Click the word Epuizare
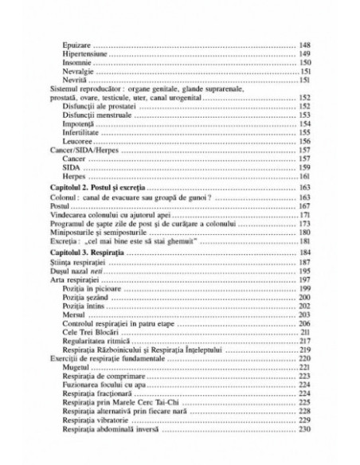coord(78,45)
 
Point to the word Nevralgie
coord(79,72)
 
